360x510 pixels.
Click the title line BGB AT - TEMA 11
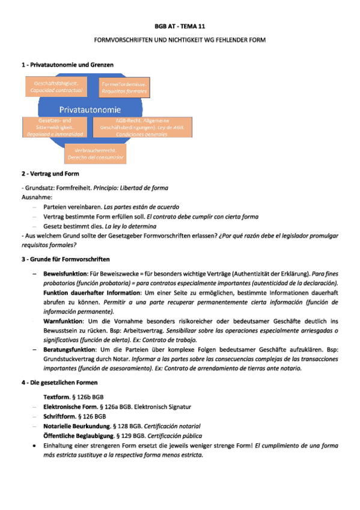[180, 28]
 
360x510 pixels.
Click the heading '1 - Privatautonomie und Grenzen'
[67, 64]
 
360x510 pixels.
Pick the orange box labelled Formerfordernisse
[124, 87]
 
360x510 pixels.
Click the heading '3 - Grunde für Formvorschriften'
[65, 259]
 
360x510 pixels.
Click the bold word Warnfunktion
[63, 322]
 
